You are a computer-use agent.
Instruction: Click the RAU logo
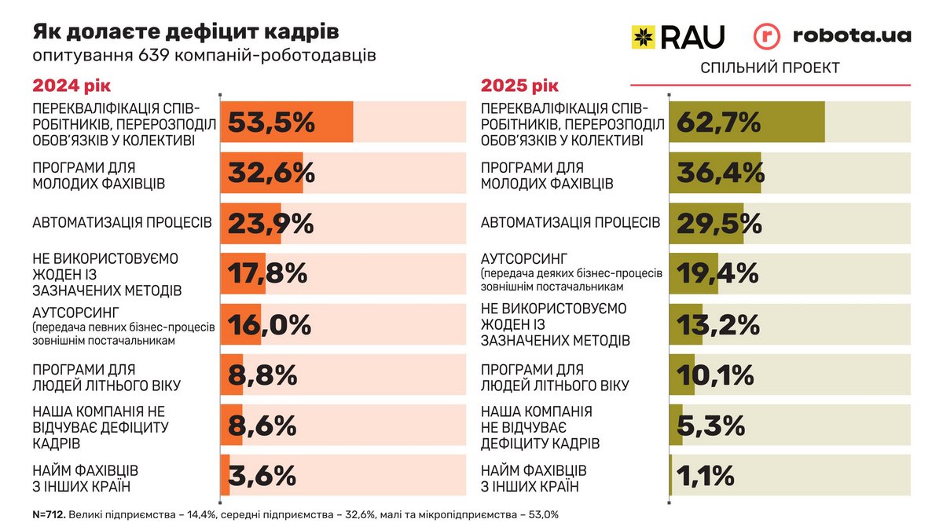pos(677,36)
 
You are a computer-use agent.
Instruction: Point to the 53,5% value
pos(272,122)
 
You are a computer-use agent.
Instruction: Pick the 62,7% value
pos(718,122)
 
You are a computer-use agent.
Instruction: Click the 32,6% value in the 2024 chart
pos(272,173)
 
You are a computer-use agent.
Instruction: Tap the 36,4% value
pos(720,173)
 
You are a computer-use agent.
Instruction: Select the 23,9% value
pos(271,224)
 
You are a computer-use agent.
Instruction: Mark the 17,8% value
pos(267,273)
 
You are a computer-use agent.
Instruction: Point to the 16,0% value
pos(270,324)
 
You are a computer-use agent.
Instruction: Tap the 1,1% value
pos(706,476)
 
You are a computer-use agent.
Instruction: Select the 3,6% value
pos(262,476)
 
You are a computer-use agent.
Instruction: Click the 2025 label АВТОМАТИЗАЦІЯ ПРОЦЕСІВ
pos(571,222)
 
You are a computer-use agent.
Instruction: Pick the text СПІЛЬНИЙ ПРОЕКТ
pos(769,68)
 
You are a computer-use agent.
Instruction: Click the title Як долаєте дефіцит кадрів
pos(186,32)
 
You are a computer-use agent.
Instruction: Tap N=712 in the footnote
pos(49,515)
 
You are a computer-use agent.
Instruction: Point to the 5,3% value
pos(710,426)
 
